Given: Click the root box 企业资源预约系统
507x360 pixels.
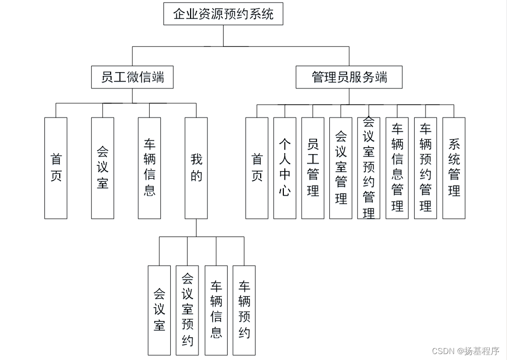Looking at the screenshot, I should point(224,14).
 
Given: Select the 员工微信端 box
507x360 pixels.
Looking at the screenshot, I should point(132,78).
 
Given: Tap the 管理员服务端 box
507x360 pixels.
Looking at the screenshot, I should point(349,78).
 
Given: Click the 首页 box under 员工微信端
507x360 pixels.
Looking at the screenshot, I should point(56,168).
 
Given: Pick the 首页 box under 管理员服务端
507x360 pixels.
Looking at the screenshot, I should point(257,168).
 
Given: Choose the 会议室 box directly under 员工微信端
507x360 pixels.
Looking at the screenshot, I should point(103,168).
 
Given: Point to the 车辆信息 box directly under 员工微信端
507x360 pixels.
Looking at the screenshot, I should point(150,168).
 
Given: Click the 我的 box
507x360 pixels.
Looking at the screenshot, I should point(196,168).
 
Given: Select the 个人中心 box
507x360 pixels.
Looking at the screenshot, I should point(285,168).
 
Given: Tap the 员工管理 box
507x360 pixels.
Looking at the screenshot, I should point(313,168).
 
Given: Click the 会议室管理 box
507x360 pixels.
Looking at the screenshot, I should point(341,168).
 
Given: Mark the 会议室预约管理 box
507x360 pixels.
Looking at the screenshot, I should point(369,168).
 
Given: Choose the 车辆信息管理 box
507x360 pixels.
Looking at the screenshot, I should point(397,168).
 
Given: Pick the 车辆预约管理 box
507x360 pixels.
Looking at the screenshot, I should point(426,168).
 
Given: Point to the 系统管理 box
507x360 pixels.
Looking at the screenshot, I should point(454,168).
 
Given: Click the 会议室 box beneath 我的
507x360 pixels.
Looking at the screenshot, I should point(159,310).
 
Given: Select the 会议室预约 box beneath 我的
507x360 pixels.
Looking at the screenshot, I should point(188,310).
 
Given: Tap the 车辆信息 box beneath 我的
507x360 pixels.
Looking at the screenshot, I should point(216,310).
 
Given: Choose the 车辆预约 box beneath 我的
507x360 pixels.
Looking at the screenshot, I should point(244,310).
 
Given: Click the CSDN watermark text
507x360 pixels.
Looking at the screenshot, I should point(466,351).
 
